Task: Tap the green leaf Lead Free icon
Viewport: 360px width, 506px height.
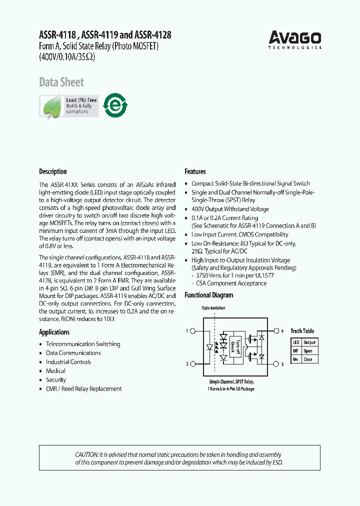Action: point(51,105)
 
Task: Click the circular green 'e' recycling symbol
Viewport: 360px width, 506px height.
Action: point(115,105)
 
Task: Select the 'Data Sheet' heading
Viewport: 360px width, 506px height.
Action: point(61,82)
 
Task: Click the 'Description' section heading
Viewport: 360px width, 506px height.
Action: point(53,171)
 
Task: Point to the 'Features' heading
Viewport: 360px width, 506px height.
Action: point(195,171)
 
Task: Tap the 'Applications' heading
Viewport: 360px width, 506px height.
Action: point(54,332)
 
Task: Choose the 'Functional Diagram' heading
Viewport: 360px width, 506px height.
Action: point(208,295)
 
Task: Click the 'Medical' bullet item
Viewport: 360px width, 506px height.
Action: point(55,371)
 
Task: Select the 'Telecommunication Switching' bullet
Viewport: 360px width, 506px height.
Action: point(83,344)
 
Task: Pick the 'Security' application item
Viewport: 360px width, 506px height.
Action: point(56,380)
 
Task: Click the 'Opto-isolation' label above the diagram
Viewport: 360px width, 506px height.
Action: point(213,308)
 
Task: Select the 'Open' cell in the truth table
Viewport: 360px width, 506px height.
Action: point(308,351)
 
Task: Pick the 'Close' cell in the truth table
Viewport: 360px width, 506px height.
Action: point(308,359)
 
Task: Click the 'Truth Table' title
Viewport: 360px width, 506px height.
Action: point(302,331)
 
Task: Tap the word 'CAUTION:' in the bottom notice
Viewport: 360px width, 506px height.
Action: point(86,454)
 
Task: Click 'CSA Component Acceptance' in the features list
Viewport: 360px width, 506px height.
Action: point(231,283)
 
